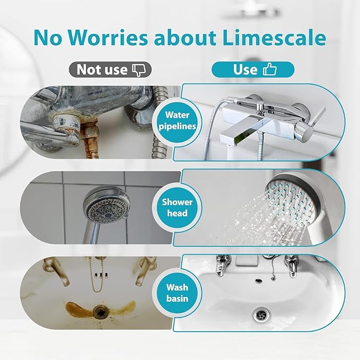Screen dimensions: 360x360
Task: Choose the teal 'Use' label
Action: pyautogui.click(x=252, y=69)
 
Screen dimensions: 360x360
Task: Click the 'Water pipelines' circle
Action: pyautogui.click(x=177, y=120)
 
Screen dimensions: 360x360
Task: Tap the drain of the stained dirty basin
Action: pyautogui.click(x=100, y=312)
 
